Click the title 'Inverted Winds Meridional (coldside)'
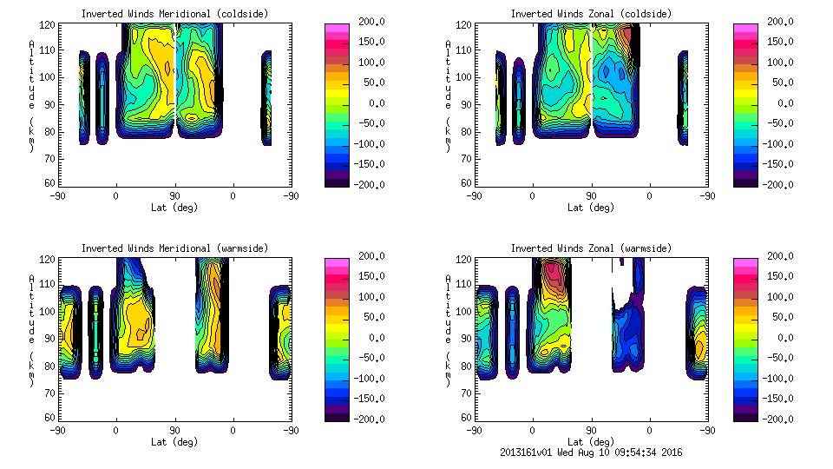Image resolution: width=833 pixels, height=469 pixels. point(174,14)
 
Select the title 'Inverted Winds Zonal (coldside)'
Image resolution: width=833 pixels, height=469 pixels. point(591,14)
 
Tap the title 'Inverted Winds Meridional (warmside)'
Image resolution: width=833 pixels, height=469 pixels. point(174,248)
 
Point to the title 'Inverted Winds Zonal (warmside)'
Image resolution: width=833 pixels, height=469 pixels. point(591,248)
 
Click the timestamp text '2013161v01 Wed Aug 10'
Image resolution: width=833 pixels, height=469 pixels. point(564,452)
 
